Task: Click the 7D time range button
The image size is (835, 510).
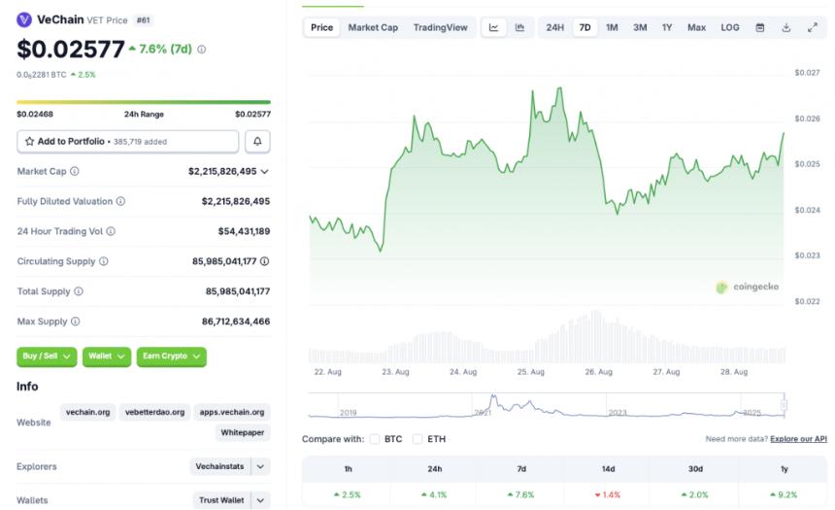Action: (x=584, y=27)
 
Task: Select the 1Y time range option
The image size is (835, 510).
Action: (x=667, y=27)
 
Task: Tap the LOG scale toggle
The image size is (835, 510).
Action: (x=729, y=27)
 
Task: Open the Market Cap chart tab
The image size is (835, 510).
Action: (x=373, y=27)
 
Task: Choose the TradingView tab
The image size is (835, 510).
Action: (x=440, y=27)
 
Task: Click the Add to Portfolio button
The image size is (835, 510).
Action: (x=127, y=142)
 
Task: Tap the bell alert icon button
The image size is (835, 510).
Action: (x=257, y=142)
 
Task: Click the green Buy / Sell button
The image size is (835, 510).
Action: (x=47, y=357)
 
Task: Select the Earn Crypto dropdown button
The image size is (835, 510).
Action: (x=171, y=357)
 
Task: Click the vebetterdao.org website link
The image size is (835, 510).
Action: (x=153, y=412)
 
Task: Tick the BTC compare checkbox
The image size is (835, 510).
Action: (x=375, y=439)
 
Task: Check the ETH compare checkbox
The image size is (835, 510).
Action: (x=417, y=439)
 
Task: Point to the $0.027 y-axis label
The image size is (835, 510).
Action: (x=807, y=73)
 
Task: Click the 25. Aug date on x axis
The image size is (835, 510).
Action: (x=530, y=372)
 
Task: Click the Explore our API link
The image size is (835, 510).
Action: (x=798, y=439)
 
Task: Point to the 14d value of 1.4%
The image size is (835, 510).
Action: (x=608, y=494)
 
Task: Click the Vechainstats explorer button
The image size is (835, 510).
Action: (x=220, y=466)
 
